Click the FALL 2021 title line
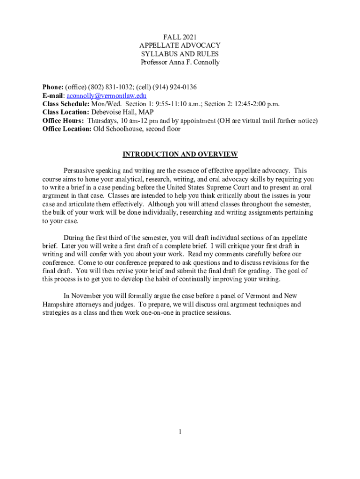coord(180,36)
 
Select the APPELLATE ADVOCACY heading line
coord(180,45)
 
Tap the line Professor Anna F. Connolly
coord(180,62)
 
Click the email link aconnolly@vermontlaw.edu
coord(107,95)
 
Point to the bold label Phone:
coord(53,87)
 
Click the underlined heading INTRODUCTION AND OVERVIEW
coord(180,154)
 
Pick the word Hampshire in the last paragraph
coord(58,305)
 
